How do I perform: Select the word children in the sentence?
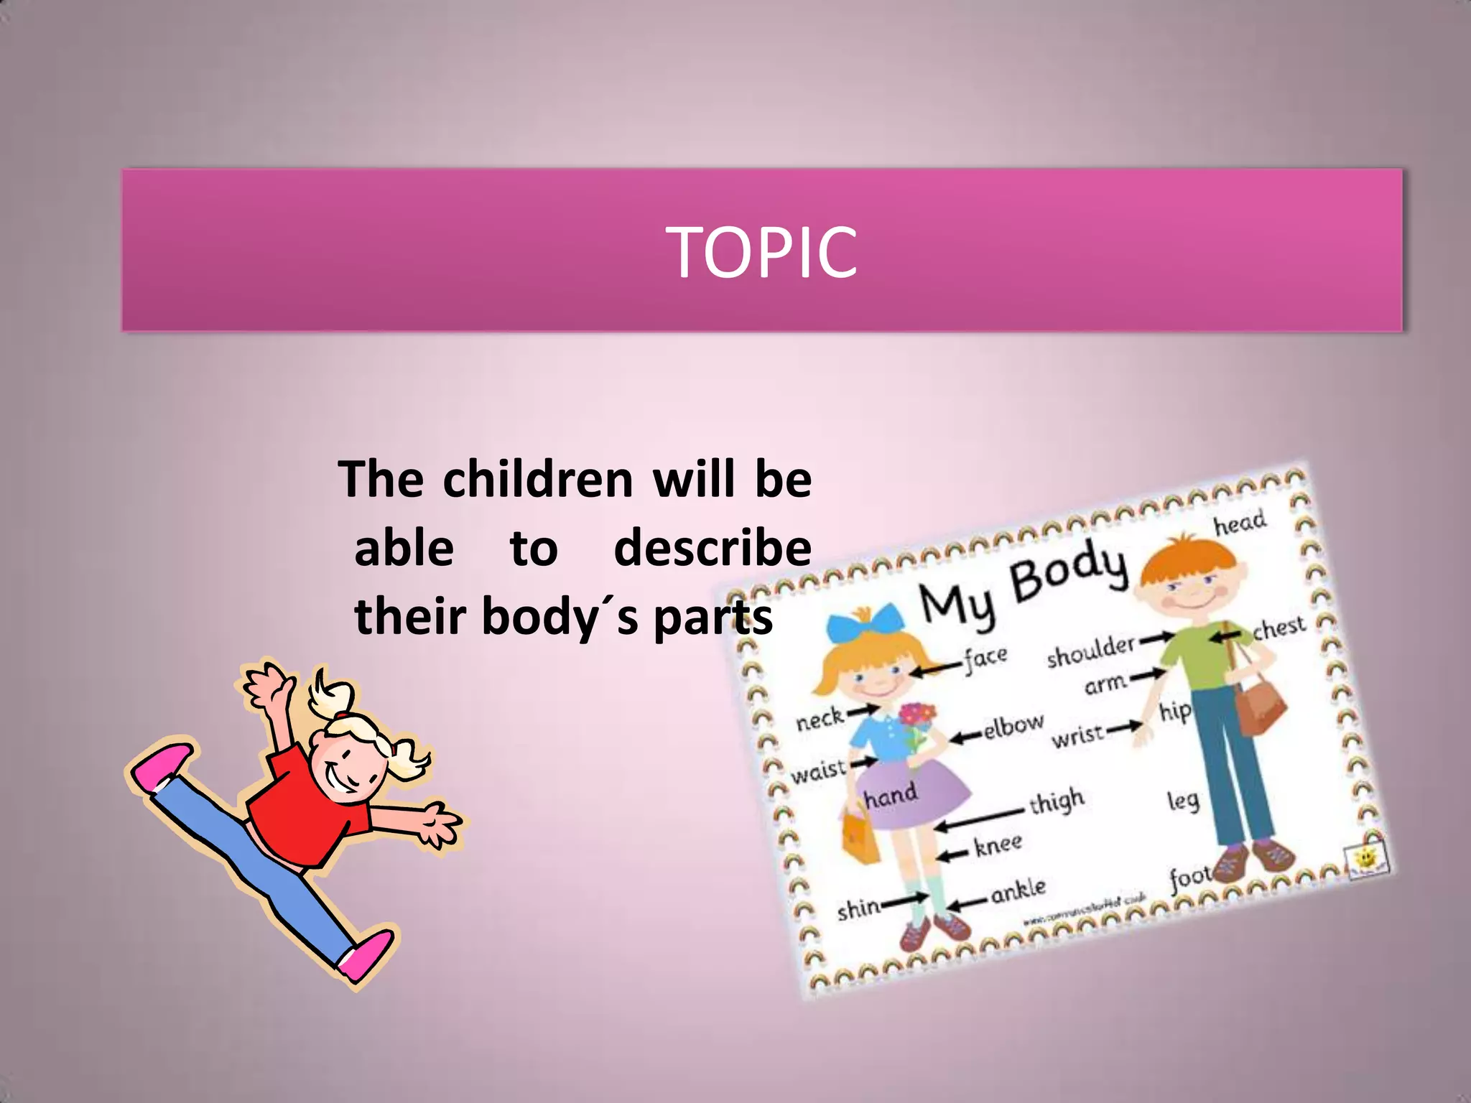point(537,479)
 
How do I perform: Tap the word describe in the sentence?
point(713,548)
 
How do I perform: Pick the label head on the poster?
point(1240,523)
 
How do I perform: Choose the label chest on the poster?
point(1279,628)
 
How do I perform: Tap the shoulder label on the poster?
point(1090,650)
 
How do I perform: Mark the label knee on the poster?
point(998,844)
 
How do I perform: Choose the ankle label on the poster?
point(1018,891)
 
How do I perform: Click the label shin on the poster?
point(859,909)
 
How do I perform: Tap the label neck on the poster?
point(820,718)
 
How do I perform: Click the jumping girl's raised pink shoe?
point(162,767)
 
